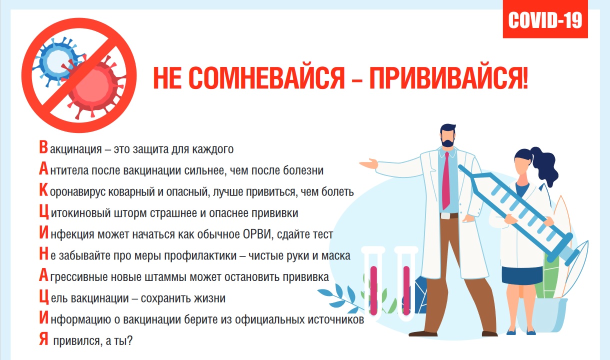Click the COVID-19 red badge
point(545,19)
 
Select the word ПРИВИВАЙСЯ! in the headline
point(448,78)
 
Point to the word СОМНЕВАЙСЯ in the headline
point(266,78)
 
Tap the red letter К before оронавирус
point(43,190)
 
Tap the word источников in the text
point(336,319)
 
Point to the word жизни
point(209,298)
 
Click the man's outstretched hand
point(369,163)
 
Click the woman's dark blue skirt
point(522,275)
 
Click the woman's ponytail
point(544,166)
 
